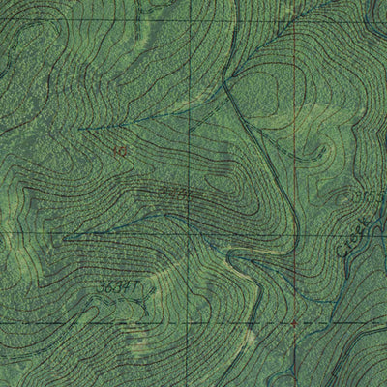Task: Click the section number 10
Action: click(120, 151)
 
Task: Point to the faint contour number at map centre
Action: click(174, 194)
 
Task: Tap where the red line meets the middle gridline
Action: click(294, 235)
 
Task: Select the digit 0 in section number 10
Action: click(124, 151)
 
